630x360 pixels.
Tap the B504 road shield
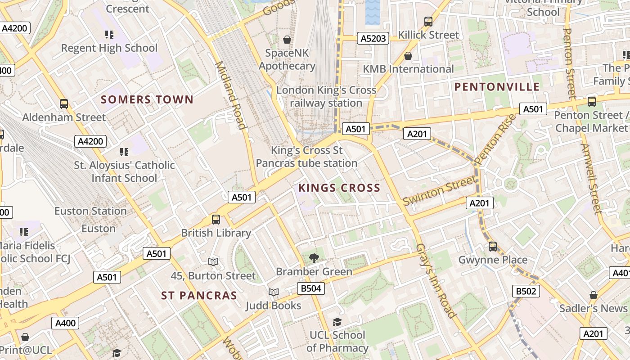pos(310,288)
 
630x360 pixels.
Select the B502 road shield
pos(526,291)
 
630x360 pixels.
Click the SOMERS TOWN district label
pos(147,99)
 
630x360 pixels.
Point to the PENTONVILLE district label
pos(497,87)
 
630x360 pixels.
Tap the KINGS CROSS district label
pos(339,188)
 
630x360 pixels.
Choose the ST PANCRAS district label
pos(199,295)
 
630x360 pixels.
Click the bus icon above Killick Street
pos(428,21)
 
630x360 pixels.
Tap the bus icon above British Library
pos(216,220)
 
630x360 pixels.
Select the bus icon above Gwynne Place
pos(493,247)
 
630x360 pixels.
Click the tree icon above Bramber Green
pos(314,258)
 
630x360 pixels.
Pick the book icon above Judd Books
pos(274,292)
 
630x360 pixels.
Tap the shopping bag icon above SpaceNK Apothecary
pos(287,40)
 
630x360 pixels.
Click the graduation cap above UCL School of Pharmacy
pos(337,322)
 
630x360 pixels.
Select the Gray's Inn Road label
pos(436,281)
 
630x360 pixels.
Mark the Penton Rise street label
pos(495,139)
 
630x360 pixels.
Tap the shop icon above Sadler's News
pos(594,295)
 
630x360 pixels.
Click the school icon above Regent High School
pos(109,34)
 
